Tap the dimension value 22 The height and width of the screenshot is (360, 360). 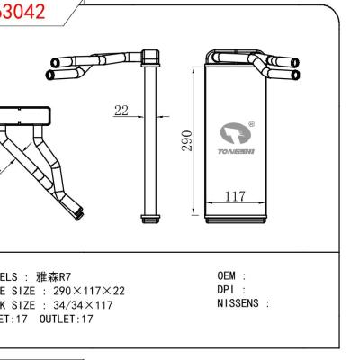tap(121, 111)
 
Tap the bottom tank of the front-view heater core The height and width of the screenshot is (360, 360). tap(237, 216)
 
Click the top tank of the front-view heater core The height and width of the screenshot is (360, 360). tap(237, 66)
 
